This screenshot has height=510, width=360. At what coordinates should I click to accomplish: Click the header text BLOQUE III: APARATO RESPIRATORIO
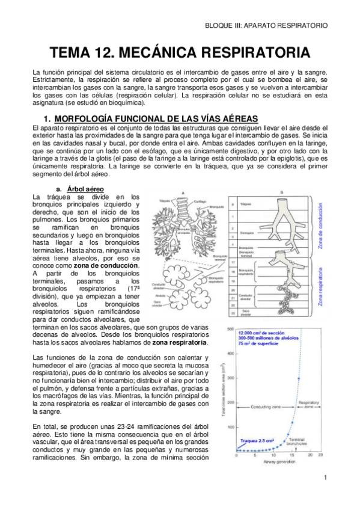pyautogui.click(x=266, y=26)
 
